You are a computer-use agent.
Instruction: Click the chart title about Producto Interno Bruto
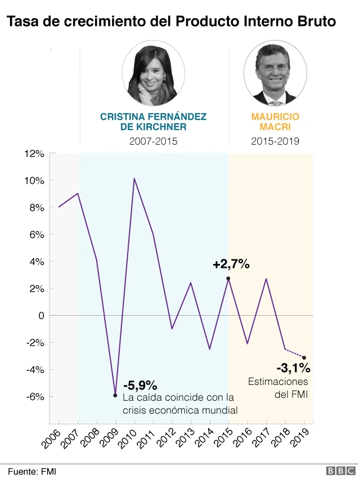pos(172,22)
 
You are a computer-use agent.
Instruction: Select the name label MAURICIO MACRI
pos(275,122)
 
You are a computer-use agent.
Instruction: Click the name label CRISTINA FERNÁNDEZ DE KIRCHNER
pos(153,122)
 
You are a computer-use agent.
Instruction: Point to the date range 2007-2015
pos(153,141)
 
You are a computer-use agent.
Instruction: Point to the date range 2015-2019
pos(275,141)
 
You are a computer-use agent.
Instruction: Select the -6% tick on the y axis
pos(35,397)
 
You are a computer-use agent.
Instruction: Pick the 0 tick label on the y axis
pos(42,316)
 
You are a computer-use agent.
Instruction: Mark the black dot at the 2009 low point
pos(115,395)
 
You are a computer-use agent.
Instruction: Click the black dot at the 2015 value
pos(228,279)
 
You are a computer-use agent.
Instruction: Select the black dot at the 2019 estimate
pos(304,357)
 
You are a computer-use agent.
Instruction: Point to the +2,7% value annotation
pos(231,264)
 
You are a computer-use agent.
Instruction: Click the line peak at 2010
pos(134,179)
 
